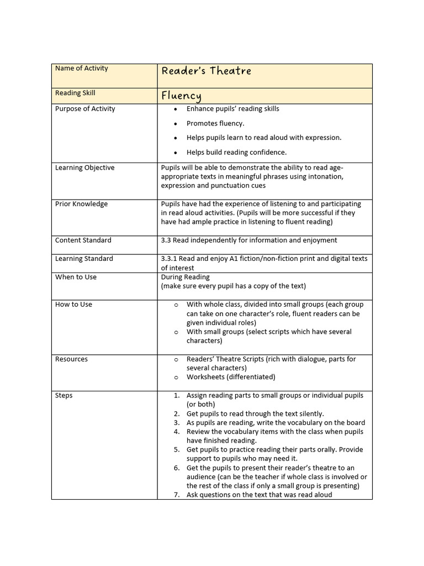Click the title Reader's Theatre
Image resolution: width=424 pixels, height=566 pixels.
point(206,71)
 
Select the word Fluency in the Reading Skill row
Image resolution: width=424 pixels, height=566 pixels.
point(181,96)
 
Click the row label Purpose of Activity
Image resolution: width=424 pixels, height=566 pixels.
point(85,109)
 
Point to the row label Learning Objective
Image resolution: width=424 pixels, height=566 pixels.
point(84,167)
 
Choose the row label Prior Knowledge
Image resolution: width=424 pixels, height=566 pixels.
point(81,204)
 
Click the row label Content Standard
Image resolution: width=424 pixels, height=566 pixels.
point(83,240)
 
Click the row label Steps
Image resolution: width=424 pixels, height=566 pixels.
point(63,396)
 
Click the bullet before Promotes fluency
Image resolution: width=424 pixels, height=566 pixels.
point(176,124)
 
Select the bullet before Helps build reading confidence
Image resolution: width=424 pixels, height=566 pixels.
point(176,153)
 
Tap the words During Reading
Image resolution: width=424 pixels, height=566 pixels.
point(185,277)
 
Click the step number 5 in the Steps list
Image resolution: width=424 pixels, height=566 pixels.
point(176,450)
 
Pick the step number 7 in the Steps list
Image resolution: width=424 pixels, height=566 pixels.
point(176,495)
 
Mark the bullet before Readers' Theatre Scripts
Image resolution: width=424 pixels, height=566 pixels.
point(176,359)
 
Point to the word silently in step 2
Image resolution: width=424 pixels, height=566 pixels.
point(310,413)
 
